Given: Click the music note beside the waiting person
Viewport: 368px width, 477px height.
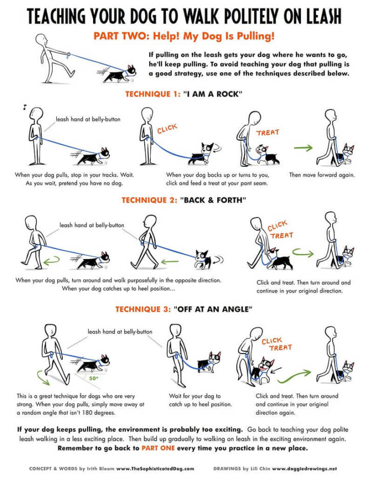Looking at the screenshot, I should pyautogui.click(x=24, y=107).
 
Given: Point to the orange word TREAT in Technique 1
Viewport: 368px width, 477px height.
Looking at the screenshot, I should pyautogui.click(x=268, y=133).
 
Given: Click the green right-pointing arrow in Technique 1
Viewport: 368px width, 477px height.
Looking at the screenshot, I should pyautogui.click(x=303, y=149).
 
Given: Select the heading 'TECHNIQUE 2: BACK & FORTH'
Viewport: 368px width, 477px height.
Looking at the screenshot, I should pyautogui.click(x=183, y=200).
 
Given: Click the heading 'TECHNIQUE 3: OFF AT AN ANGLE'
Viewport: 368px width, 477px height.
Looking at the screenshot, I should pyautogui.click(x=183, y=309).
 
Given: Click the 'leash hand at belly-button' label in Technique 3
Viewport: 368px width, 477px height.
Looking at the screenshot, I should pyautogui.click(x=120, y=332).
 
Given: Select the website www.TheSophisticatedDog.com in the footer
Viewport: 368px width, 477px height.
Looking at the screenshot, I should pyautogui.click(x=155, y=468).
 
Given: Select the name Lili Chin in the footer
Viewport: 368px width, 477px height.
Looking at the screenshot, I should pyautogui.click(x=258, y=468).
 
